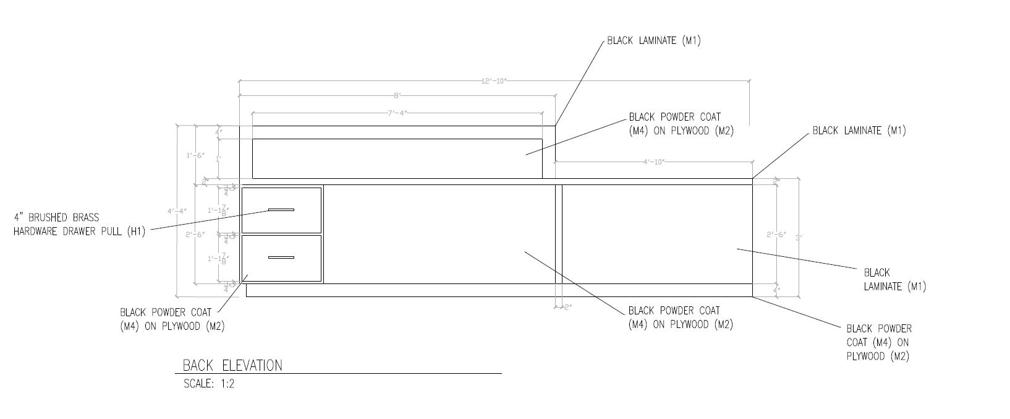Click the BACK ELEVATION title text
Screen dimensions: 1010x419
point(232,365)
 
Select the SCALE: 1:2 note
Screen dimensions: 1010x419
point(209,384)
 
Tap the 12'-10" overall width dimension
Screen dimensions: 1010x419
point(494,81)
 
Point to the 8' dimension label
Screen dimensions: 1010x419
point(397,96)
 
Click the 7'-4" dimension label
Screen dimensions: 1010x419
point(397,113)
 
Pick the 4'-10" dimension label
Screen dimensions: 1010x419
point(653,162)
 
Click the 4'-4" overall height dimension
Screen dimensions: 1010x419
point(177,211)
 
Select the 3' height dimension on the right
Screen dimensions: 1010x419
point(799,238)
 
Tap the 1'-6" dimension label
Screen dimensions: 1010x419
point(196,155)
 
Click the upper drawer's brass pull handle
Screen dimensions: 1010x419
point(281,210)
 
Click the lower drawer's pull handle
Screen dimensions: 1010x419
point(281,257)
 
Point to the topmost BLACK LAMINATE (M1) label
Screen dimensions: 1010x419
point(653,41)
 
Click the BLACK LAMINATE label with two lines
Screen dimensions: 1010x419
point(894,279)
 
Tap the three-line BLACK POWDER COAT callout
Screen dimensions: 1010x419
point(878,342)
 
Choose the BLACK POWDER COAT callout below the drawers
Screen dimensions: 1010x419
point(172,319)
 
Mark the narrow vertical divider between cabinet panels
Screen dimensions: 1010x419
point(559,234)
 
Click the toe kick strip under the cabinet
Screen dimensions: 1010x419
point(499,290)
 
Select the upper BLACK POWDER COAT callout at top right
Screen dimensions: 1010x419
point(681,124)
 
